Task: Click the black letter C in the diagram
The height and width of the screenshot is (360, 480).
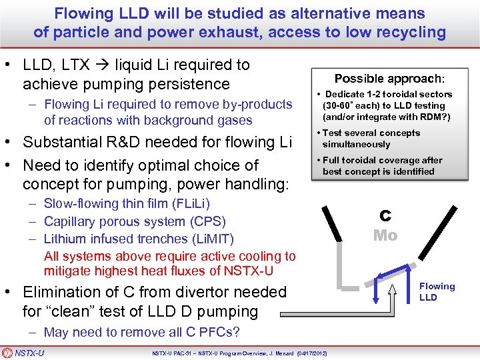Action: [x=385, y=216]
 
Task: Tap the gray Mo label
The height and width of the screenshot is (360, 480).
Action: [x=385, y=235]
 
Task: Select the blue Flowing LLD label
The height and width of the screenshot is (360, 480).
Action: [x=437, y=291]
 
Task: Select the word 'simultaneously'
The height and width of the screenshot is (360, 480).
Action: [x=356, y=144]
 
